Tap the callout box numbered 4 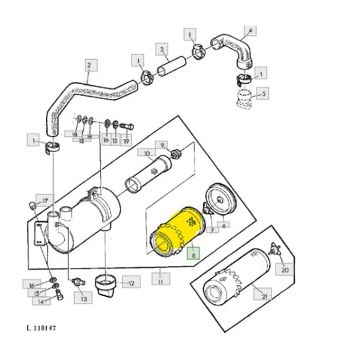coord(250,31)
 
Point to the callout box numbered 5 coord(263,95)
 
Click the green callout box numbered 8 coord(194,254)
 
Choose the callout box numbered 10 coord(147,153)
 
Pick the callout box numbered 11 coord(161,280)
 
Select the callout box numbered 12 coord(131,282)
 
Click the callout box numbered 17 coord(45,201)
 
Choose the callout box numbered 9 coord(161,146)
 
